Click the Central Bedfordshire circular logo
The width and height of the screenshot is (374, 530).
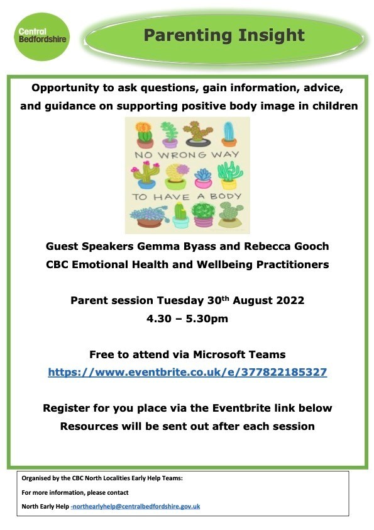click(x=42, y=37)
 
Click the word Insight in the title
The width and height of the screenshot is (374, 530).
click(x=271, y=36)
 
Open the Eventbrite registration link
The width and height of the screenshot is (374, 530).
click(x=187, y=372)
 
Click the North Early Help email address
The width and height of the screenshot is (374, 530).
click(x=135, y=506)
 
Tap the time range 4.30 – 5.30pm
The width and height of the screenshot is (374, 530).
click(x=187, y=319)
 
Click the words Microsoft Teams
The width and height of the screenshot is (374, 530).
click(x=239, y=354)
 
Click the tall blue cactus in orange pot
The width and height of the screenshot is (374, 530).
click(x=229, y=134)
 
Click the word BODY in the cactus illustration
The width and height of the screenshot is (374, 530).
click(x=226, y=196)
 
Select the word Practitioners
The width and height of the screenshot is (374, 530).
click(x=292, y=264)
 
